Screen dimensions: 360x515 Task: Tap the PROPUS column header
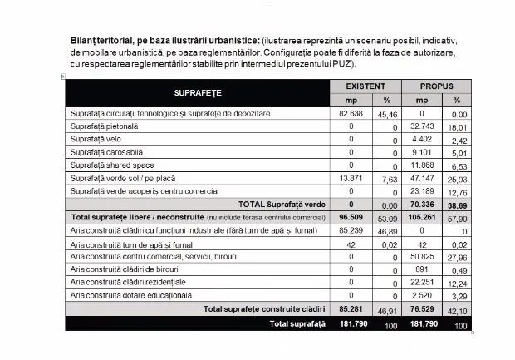click(x=436, y=86)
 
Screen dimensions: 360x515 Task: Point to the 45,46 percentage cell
click(x=389, y=113)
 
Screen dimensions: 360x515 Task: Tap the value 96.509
click(x=351, y=217)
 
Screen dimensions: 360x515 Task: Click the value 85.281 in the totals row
click(x=351, y=308)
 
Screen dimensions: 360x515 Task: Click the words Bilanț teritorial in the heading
click(x=108, y=40)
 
